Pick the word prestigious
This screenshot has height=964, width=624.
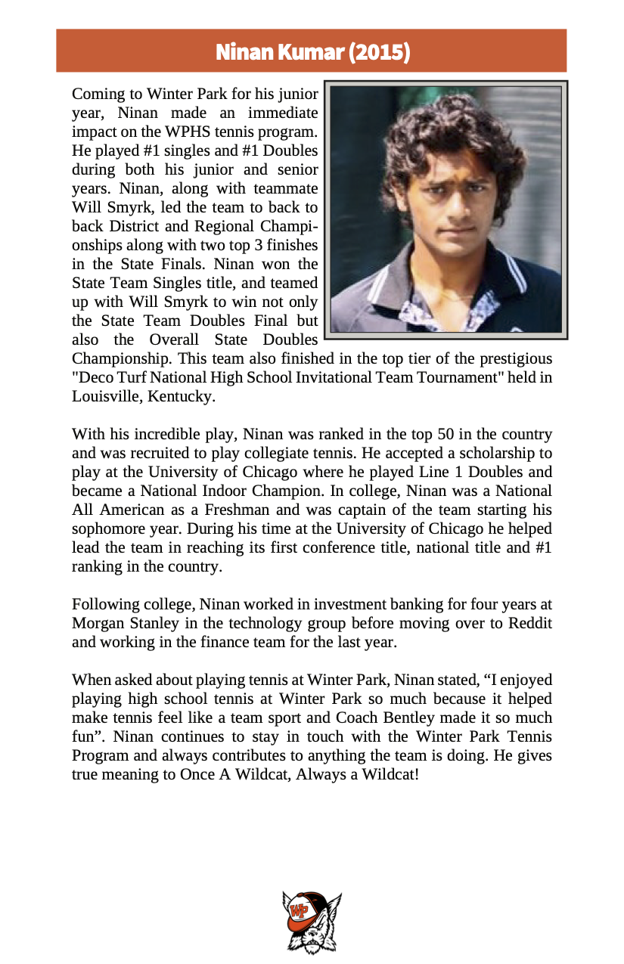click(512, 358)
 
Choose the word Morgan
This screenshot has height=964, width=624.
click(95, 623)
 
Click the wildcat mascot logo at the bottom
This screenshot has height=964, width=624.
click(312, 922)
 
